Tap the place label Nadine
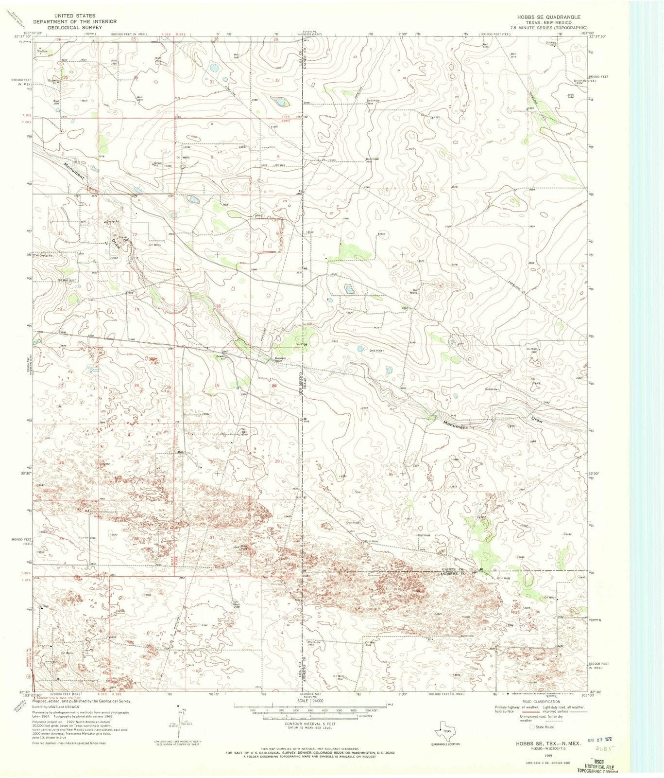coord(43,51)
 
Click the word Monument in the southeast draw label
coord(455,424)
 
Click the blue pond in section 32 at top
coord(279,102)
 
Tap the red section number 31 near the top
coord(212,82)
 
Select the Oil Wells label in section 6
coord(184,158)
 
